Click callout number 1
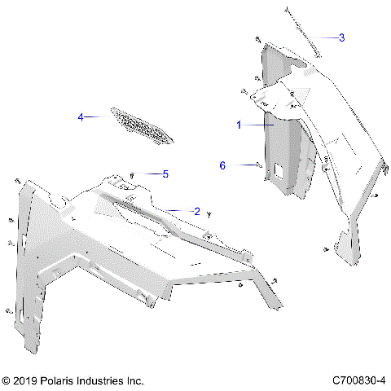tap(239, 125)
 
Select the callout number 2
tap(196, 210)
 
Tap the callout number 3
tap(341, 37)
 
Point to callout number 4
tap(81, 117)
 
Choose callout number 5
tap(165, 174)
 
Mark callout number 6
tap(222, 165)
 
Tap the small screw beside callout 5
tap(133, 174)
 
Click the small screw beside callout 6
tap(258, 165)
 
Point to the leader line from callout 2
tap(175, 210)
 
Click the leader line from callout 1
tap(257, 125)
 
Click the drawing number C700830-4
tap(359, 380)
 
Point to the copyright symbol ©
tap(7, 380)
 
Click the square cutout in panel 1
tap(279, 170)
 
